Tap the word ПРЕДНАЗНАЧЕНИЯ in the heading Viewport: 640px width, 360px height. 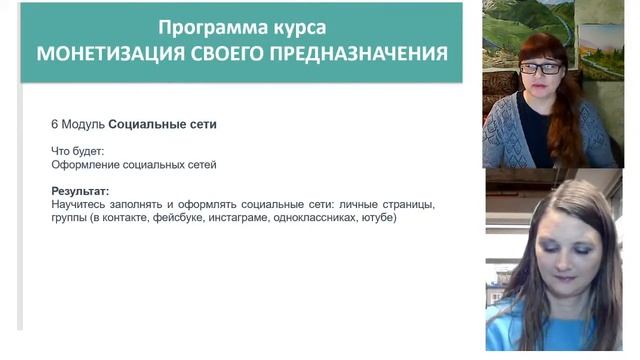pos(362,52)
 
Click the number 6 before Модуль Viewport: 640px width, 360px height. pos(55,125)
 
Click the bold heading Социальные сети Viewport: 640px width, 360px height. pos(163,125)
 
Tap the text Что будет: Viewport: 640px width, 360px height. pos(77,151)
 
